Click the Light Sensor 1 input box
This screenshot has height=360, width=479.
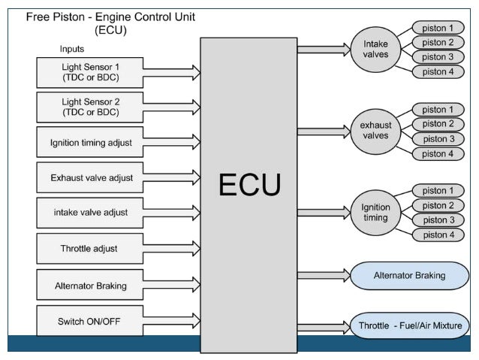coord(90,72)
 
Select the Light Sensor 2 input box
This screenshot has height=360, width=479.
coord(90,107)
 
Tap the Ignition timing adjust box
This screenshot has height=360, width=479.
coord(90,142)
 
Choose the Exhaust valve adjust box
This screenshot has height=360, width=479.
coord(90,177)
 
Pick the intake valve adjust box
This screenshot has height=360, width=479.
coord(90,213)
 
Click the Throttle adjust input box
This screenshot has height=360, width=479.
coord(90,249)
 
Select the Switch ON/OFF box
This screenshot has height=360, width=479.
coord(90,321)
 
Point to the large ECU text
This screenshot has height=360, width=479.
coord(249,184)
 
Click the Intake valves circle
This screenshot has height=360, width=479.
coord(375,50)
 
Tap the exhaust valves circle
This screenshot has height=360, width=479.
coord(375,132)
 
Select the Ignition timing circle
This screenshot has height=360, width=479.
coord(375,213)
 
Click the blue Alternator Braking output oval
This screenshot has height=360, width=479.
coord(409,276)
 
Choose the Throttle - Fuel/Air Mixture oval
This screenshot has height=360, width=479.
coord(409,325)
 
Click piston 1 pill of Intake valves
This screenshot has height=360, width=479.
coord(438,28)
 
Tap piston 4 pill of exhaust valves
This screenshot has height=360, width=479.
coord(438,153)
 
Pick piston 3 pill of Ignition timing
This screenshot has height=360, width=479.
coord(438,220)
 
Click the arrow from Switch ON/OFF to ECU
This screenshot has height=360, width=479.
coord(172,321)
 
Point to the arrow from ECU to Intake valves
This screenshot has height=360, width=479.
coord(324,50)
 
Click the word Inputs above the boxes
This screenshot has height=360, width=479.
coord(72,49)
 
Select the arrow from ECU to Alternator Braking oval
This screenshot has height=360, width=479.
coord(324,276)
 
